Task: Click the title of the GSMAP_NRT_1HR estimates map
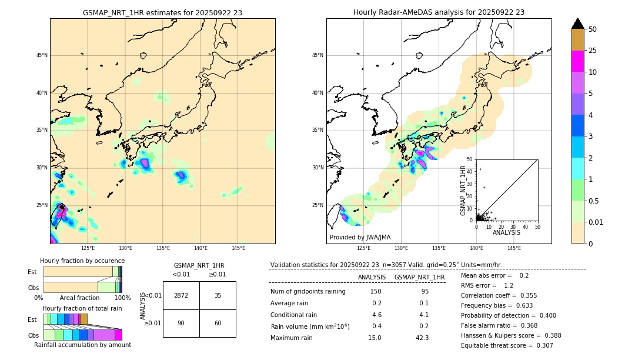tap(162, 12)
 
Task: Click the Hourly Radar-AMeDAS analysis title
tap(439, 12)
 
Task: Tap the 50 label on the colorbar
tap(593, 29)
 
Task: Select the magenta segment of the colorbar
tap(577, 61)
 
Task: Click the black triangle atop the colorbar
tap(577, 24)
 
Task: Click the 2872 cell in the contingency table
tap(181, 295)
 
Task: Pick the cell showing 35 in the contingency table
tap(218, 295)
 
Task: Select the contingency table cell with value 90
tap(181, 323)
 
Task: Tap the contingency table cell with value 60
tap(218, 323)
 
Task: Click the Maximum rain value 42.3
tap(422, 338)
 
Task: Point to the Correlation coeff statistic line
tap(499, 295)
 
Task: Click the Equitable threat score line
tap(507, 345)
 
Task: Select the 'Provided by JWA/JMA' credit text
tap(360, 237)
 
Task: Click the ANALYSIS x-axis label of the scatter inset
tap(506, 232)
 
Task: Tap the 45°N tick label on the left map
tap(42, 55)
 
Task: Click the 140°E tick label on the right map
tap(476, 248)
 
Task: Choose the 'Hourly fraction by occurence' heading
tap(82, 261)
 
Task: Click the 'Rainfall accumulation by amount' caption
tap(82, 345)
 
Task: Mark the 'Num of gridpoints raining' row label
tap(308, 291)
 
